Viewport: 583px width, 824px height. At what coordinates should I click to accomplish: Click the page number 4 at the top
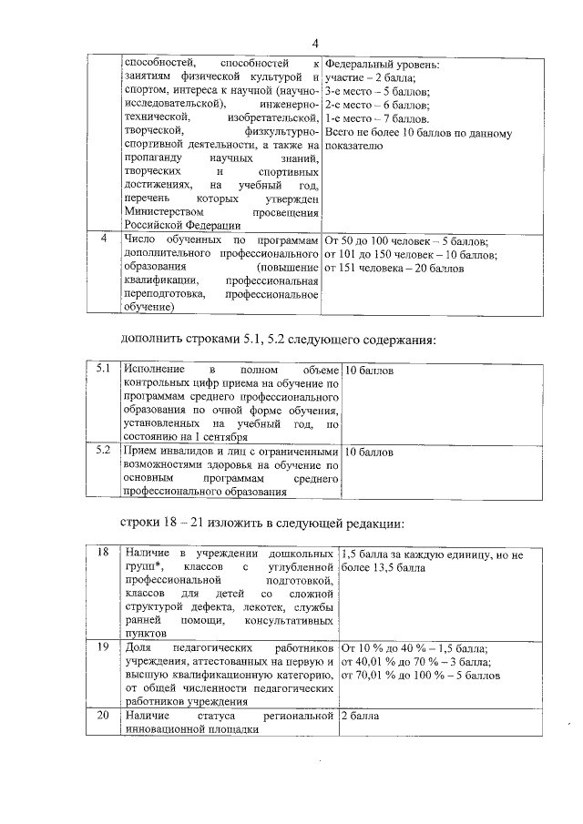pos(314,43)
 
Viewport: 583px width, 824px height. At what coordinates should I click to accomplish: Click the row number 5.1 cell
pos(103,371)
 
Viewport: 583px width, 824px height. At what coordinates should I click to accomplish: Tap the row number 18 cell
pos(103,553)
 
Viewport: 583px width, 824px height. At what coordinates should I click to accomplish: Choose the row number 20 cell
pos(103,717)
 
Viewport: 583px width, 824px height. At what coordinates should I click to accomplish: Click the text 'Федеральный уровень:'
pos(382,66)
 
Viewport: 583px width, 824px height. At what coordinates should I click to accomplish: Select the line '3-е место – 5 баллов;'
pos(378,92)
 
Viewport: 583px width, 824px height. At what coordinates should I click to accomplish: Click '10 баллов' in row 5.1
pos(369,371)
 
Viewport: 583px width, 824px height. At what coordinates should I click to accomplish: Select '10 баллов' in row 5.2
pos(369,452)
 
